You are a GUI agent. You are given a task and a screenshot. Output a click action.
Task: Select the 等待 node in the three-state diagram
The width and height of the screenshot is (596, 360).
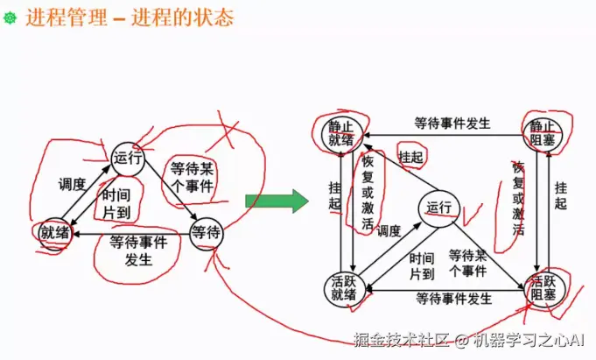(206, 232)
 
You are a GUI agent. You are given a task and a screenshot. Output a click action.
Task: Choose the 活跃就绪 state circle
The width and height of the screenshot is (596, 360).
(344, 287)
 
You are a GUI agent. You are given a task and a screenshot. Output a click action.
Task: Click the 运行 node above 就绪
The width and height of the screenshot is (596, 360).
(127, 158)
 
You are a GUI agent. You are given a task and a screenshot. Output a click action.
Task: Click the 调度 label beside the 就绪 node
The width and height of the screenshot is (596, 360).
(72, 185)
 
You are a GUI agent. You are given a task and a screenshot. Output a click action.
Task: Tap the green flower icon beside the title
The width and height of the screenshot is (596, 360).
(11, 18)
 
